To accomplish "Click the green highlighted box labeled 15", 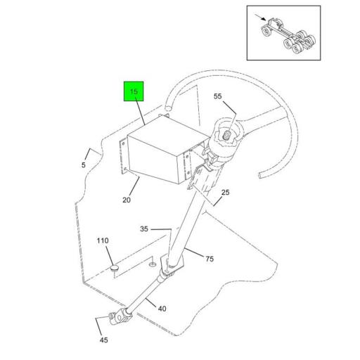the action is (134, 91).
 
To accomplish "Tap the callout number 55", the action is (217, 96).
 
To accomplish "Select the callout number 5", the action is (84, 165).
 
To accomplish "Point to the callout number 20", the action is (127, 200).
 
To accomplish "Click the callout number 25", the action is (225, 193).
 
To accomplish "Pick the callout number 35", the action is (144, 229).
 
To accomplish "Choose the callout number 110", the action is (103, 240).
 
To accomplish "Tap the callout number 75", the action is (210, 259).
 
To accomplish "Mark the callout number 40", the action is (162, 309).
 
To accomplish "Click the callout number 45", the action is (104, 340).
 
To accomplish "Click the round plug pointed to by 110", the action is (115, 269).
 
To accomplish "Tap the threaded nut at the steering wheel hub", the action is (226, 135).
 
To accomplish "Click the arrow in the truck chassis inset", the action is (260, 18).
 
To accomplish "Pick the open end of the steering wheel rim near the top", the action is (167, 108).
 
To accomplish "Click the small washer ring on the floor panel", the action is (152, 264).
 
